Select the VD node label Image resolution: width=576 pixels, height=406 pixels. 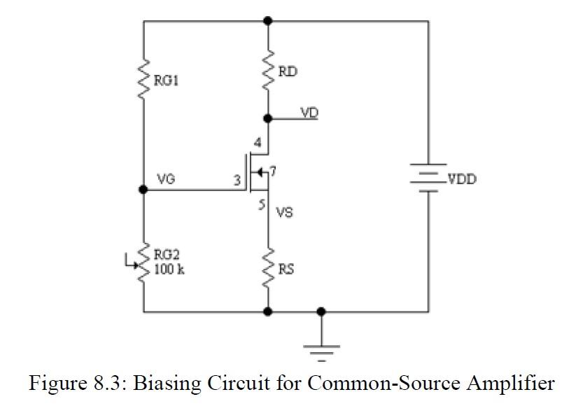(x=309, y=112)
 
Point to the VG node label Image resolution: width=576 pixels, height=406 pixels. (x=166, y=179)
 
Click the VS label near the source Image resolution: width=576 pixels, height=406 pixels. (x=284, y=212)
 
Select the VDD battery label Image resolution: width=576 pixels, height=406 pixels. (x=462, y=179)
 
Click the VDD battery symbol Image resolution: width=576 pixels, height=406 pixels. (x=428, y=180)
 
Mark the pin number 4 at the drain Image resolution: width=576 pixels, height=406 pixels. (x=258, y=143)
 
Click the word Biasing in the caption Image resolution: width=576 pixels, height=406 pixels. (x=162, y=384)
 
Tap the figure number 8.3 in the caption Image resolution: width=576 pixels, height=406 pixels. (x=106, y=384)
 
